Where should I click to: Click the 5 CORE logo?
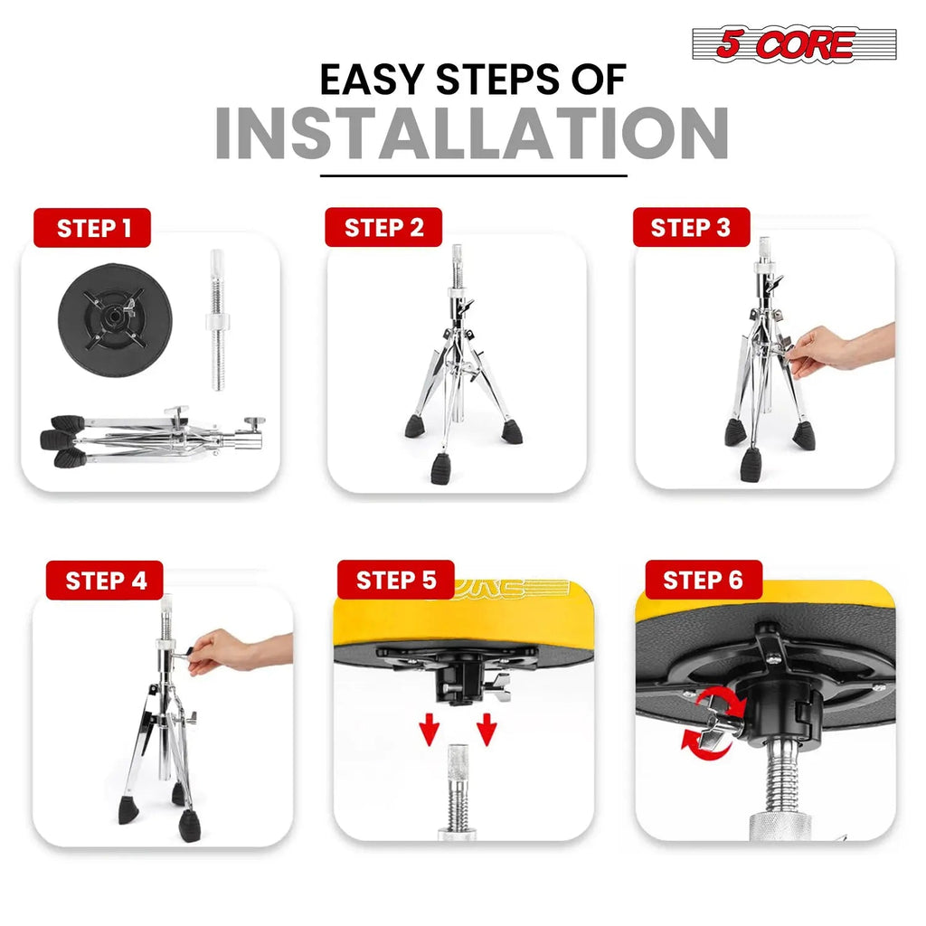pyautogui.click(x=794, y=43)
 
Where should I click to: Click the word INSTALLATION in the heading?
pyautogui.click(x=471, y=134)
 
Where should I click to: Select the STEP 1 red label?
pyautogui.click(x=92, y=228)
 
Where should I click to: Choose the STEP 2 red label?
pyautogui.click(x=383, y=227)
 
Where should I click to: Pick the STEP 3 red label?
pyautogui.click(x=691, y=227)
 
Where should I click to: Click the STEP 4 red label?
pyautogui.click(x=105, y=581)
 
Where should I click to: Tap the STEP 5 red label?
pyautogui.click(x=396, y=580)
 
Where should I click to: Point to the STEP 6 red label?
pyautogui.click(x=704, y=580)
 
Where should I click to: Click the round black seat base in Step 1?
pyautogui.click(x=115, y=319)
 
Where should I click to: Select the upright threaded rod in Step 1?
pyautogui.click(x=217, y=319)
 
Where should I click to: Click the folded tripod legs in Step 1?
pyautogui.click(x=152, y=436)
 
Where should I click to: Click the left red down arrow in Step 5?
pyautogui.click(x=430, y=729)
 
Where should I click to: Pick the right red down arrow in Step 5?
pyautogui.click(x=487, y=729)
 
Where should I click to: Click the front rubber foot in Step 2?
pyautogui.click(x=441, y=468)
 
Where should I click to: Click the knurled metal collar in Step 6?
pyautogui.click(x=780, y=825)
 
